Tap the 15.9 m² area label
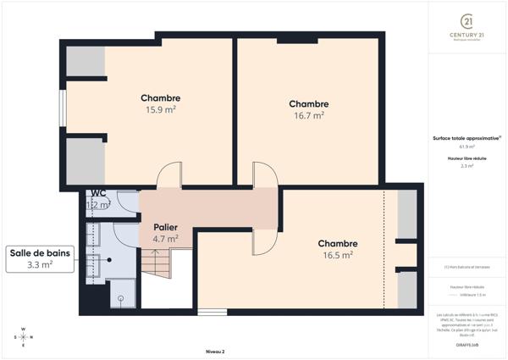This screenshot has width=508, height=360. (160, 110)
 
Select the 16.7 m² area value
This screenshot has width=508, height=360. (308, 116)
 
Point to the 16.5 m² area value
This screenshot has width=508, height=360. (337, 254)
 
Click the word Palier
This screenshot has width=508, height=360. (165, 227)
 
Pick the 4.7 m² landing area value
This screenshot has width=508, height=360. (165, 239)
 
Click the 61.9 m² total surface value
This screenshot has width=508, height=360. (466, 147)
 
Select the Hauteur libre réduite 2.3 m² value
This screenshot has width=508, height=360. (466, 167)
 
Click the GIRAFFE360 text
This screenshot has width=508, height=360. (466, 346)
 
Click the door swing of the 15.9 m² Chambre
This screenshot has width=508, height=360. (169, 174)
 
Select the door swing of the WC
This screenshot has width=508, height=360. (128, 201)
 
